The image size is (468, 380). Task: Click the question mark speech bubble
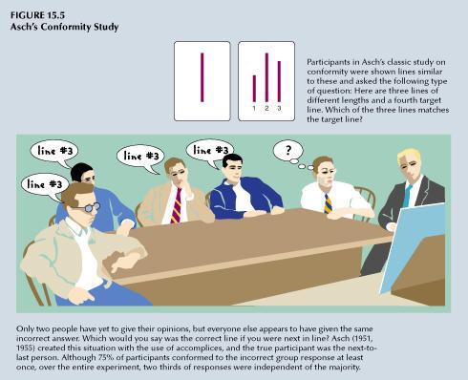click(288, 150)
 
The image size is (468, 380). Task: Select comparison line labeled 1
click(254, 88)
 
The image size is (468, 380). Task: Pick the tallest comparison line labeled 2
click(266, 76)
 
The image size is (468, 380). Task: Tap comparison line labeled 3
click(279, 81)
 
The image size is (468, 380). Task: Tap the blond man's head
click(409, 163)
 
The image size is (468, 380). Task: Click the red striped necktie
click(177, 204)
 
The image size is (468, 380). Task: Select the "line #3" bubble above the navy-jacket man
click(210, 150)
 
